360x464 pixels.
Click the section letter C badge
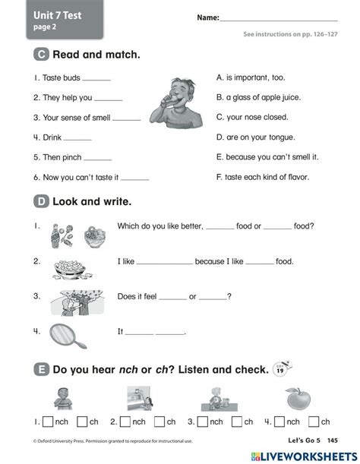click(x=41, y=55)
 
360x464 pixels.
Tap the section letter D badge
click(x=41, y=201)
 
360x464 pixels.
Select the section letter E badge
click(x=41, y=370)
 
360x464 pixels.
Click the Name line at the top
click(x=278, y=18)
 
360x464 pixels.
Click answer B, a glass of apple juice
click(x=257, y=97)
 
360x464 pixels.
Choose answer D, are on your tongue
click(x=255, y=137)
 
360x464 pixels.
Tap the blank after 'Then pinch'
click(x=97, y=158)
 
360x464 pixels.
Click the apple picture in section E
click(x=298, y=399)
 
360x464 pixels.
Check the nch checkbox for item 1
click(x=47, y=422)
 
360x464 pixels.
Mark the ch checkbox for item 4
click(x=313, y=422)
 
